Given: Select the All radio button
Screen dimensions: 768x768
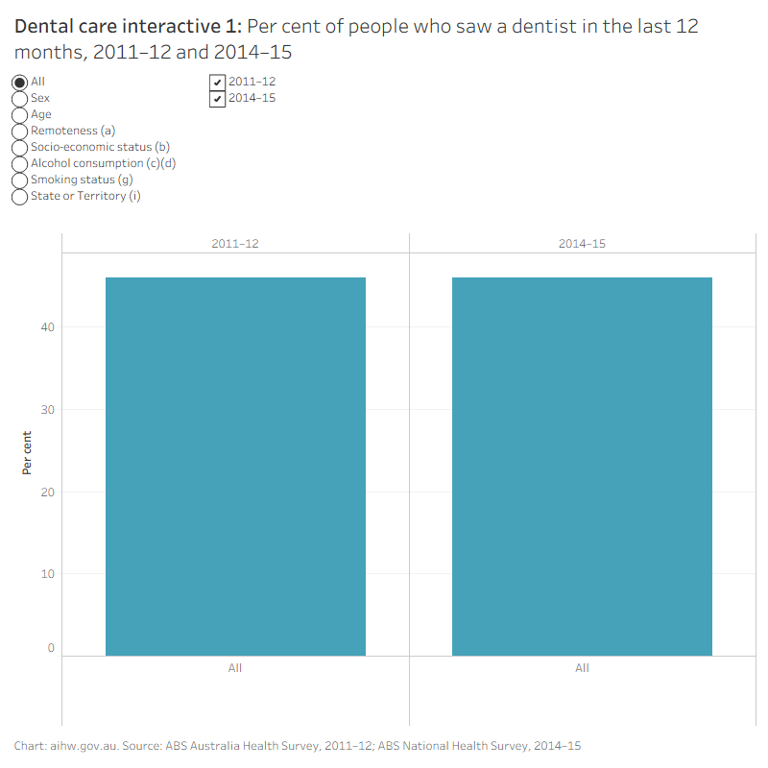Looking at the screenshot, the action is click(19, 83).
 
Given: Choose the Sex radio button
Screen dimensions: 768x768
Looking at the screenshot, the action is click(19, 99).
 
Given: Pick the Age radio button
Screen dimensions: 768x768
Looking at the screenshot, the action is click(19, 114).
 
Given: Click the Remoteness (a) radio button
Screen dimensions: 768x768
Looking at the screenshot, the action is click(19, 132).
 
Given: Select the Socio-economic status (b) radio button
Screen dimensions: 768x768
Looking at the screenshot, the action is click(19, 148).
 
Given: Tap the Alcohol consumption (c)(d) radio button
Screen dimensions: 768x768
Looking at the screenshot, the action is click(19, 163).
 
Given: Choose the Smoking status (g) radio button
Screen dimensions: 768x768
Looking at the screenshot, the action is click(19, 180).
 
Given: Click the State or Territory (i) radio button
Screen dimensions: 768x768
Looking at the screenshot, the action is click(19, 197).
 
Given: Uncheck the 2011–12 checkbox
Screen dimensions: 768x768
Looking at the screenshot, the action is click(218, 83).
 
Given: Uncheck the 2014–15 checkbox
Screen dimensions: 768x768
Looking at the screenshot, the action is click(218, 99).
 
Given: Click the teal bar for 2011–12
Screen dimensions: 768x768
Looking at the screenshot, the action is click(235, 467).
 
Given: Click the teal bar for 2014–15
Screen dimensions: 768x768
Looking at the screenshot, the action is click(582, 467).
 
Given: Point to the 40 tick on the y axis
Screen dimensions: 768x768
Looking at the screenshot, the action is click(47, 327).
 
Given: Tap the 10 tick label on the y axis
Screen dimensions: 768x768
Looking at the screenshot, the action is click(47, 573).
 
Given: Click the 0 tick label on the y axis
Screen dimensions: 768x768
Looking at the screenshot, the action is click(51, 648).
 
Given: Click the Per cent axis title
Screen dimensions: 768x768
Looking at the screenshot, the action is click(27, 452).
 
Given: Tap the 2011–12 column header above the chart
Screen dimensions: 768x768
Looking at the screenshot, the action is click(235, 244).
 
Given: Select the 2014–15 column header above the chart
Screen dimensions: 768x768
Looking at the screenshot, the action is click(582, 244).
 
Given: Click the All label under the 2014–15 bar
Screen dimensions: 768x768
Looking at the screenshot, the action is click(582, 668).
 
